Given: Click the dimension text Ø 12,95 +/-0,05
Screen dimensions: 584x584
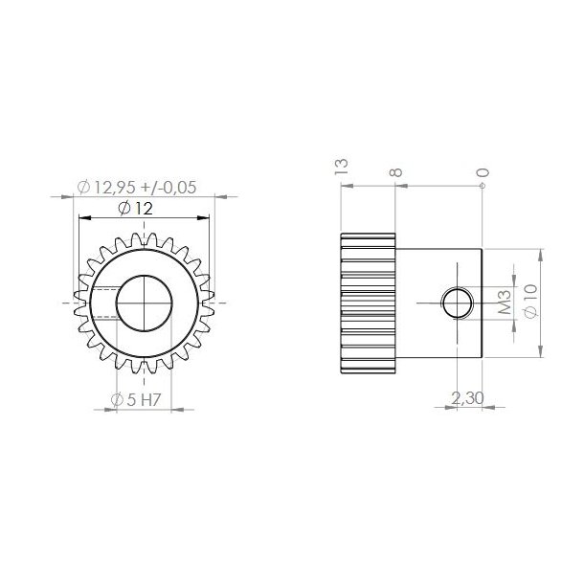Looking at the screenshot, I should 145,188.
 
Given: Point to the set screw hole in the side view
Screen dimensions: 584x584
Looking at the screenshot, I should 456,303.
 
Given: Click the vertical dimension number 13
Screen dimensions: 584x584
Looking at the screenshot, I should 343,168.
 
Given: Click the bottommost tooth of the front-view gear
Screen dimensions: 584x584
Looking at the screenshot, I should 144,368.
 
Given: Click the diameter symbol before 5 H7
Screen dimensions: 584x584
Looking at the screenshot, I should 117,400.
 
